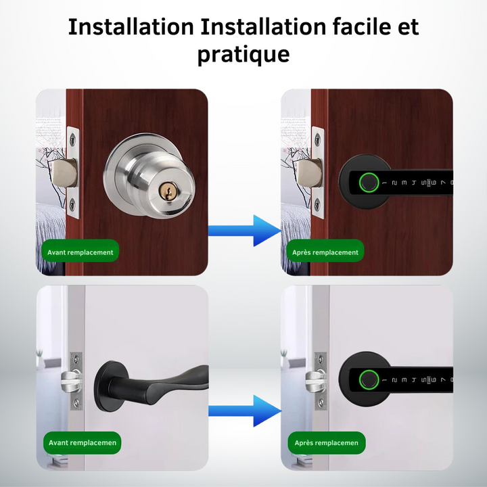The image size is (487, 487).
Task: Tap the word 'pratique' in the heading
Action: pos(243,55)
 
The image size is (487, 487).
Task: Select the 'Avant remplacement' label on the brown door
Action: pos(80,252)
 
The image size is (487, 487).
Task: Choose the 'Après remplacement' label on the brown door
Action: pos(325,252)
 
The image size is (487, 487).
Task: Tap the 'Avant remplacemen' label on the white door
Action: pos(83,442)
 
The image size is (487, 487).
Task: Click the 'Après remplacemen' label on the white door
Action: pos(327,442)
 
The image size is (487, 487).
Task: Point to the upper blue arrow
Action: pos(245,231)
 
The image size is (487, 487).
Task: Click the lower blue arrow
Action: pos(245,411)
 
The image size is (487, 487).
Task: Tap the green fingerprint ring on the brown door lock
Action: pos(369,183)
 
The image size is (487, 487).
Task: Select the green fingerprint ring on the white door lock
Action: pos(369,379)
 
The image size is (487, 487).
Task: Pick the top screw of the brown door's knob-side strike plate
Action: pos(72,139)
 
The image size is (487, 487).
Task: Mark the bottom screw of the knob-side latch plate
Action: pos(72,204)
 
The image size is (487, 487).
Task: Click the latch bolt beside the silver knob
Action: pos(64,173)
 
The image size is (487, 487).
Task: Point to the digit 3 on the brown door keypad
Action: pos(404,183)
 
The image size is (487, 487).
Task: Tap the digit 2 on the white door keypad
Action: pos(394,380)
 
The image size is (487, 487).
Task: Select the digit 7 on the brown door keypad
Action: pos(443,183)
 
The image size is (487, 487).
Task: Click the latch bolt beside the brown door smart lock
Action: pos(309,173)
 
